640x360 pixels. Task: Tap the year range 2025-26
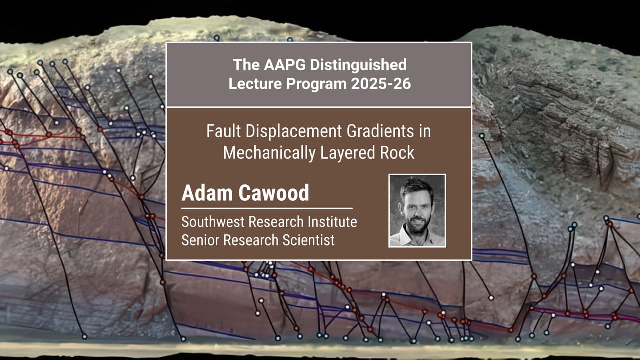point(381,84)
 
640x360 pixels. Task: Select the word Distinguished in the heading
point(358,65)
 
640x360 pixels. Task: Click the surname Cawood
point(274,193)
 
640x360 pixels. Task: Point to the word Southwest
point(213,222)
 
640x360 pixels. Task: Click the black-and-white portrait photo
point(417,211)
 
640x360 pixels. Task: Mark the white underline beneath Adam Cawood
point(267,209)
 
